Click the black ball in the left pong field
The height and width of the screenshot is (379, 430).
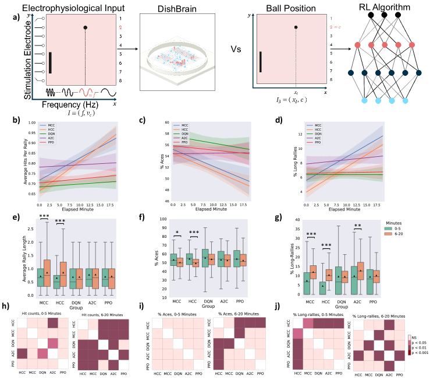(86, 28)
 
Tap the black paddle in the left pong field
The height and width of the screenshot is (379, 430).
(51, 64)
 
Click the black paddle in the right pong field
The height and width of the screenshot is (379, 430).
(261, 64)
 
